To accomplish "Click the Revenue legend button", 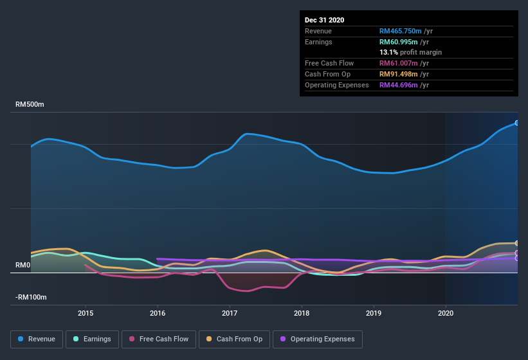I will [x=37, y=339].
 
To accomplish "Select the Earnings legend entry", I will [x=92, y=339].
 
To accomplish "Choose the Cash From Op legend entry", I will [x=233, y=339].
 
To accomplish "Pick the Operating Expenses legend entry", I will [x=318, y=339].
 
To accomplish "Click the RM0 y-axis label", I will [x=23, y=265].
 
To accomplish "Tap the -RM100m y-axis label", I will [x=31, y=298].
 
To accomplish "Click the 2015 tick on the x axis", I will [x=86, y=313].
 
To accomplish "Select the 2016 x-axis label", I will [x=158, y=313].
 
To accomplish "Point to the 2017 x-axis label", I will [x=230, y=313].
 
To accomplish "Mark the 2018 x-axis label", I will [x=302, y=313].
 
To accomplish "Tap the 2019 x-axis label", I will [x=374, y=313].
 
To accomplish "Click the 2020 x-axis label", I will [x=445, y=313].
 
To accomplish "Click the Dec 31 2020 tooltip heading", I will [x=325, y=20].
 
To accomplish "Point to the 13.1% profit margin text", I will [x=410, y=52].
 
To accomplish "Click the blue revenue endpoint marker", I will [x=516, y=123].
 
